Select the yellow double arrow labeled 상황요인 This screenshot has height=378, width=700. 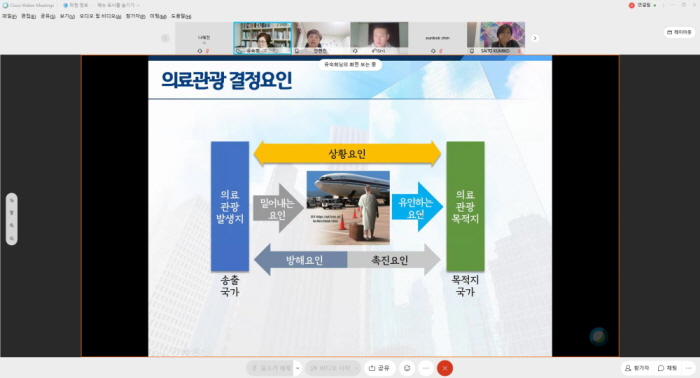(347, 153)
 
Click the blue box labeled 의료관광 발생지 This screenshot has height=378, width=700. (229, 206)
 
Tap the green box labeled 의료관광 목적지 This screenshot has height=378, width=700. (464, 206)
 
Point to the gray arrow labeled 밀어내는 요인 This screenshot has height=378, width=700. (276, 208)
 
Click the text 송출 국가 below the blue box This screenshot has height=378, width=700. (229, 285)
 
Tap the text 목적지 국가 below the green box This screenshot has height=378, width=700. (465, 285)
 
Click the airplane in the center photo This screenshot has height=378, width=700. (345, 188)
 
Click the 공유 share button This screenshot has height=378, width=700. (377, 368)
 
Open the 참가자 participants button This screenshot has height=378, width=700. (638, 368)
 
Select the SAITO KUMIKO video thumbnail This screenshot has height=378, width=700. (501, 38)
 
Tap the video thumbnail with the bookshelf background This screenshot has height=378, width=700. (263, 38)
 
